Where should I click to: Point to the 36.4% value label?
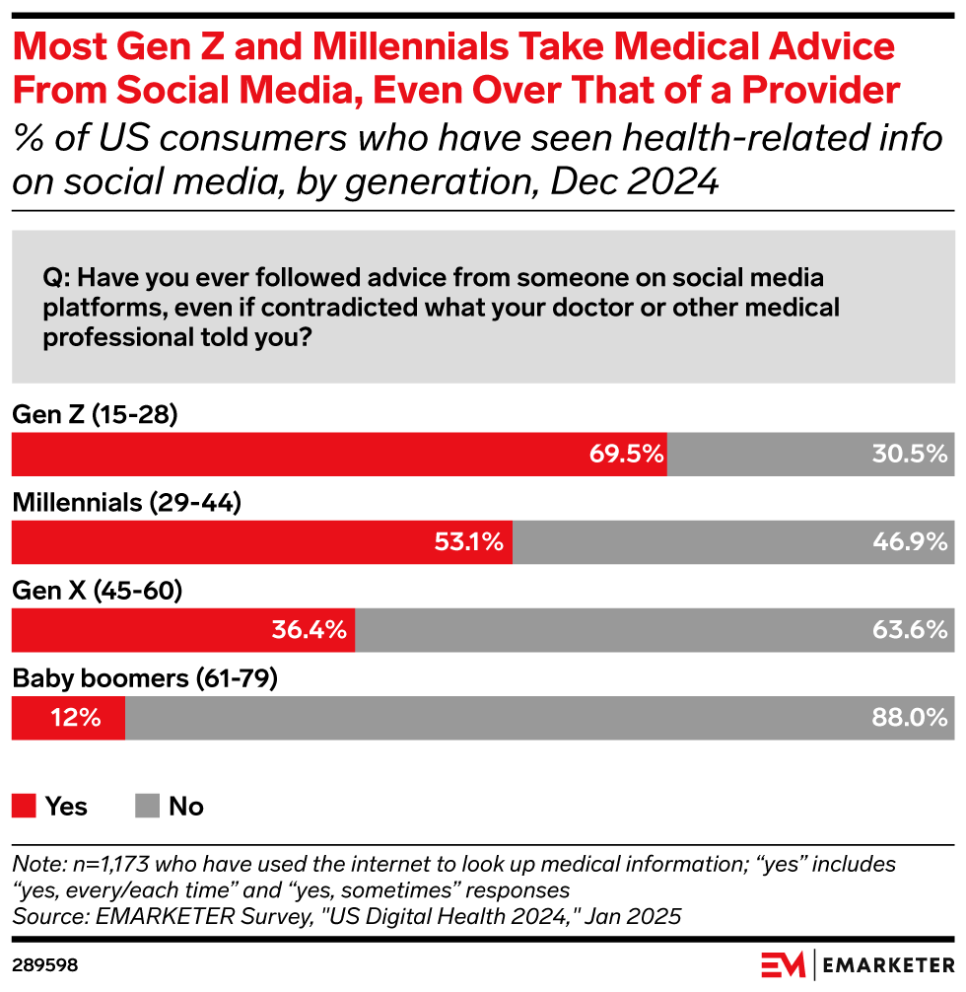310,630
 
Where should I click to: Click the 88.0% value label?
909,718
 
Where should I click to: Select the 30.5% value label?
909,455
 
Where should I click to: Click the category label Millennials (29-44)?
127,503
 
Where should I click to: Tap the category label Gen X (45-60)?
98,591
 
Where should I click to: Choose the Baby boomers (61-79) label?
144,678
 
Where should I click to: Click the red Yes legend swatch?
24,807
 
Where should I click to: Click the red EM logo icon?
783,963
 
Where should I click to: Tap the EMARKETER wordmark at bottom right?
886,963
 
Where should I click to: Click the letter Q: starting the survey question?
55,279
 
